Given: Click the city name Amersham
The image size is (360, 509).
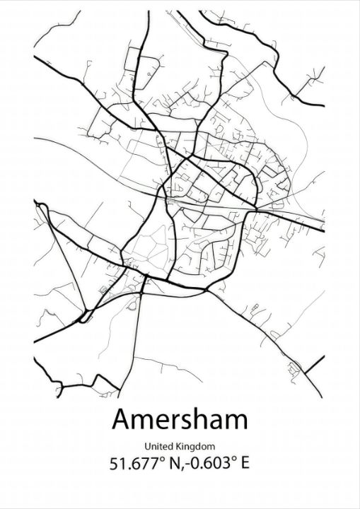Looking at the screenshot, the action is [180, 419].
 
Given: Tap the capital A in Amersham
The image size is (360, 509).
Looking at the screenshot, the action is [121, 419].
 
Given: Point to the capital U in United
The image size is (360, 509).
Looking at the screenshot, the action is [147, 446].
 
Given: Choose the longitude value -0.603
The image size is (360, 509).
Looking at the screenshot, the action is [207, 464].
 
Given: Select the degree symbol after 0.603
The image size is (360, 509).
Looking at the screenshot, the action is [233, 460].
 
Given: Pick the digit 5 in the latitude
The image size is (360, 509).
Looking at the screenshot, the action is [115, 464].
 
